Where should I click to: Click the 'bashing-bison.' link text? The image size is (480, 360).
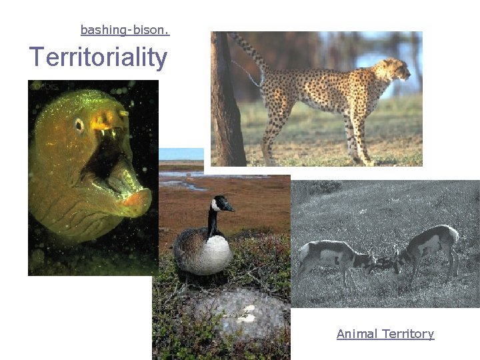[125, 30]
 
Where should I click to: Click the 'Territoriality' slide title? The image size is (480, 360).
[98, 57]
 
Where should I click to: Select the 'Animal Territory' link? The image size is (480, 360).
[385, 334]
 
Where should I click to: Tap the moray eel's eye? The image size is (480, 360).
[79, 125]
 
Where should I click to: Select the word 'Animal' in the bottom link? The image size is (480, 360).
[357, 334]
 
